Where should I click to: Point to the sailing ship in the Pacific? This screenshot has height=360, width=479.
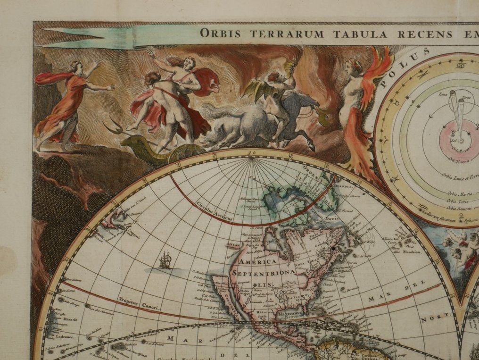point(165,260)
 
